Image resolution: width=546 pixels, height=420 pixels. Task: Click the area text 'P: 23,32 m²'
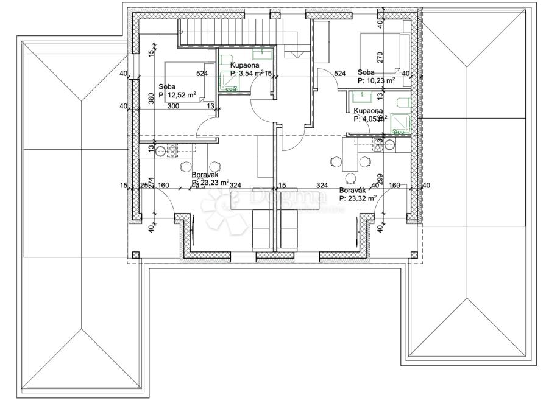point(358,198)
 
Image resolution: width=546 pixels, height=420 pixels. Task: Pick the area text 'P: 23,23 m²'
point(210,182)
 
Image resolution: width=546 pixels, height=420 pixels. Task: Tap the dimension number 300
point(173,107)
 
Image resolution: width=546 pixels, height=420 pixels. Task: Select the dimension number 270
point(380,58)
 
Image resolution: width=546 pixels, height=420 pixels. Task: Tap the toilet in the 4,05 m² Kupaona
point(403,103)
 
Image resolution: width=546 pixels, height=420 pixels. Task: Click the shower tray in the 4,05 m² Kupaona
point(400,124)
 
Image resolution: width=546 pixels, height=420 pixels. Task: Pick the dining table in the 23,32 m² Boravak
point(350,155)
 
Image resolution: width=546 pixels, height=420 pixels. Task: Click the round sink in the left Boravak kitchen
point(160,151)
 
